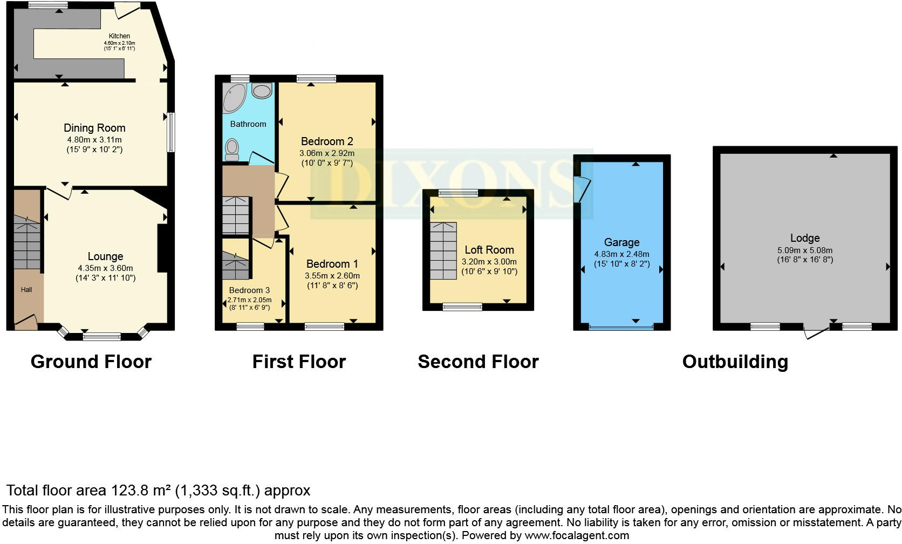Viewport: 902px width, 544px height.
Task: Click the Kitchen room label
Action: pos(119,36)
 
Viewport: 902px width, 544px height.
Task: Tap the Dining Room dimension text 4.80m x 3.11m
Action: pos(94,139)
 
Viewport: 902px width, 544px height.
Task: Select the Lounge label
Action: pos(105,256)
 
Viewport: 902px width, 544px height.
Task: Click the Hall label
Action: pos(26,290)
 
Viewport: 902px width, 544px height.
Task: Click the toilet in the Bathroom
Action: pos(232,149)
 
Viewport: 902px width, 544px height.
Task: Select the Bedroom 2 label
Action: pos(327,141)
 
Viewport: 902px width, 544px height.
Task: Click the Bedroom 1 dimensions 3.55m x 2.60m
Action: pos(332,275)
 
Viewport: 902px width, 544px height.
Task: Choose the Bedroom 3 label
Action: pos(249,290)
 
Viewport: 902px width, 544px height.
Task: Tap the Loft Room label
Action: pos(489,250)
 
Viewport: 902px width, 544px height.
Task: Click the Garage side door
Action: pos(583,189)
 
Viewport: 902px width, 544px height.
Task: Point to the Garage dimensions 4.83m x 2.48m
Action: pos(621,254)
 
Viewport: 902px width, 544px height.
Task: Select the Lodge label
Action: pos(805,238)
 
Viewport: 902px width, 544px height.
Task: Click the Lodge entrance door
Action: pos(816,332)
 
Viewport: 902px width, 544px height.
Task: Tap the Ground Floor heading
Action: pos(91,362)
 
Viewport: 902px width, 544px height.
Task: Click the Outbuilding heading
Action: pos(735,362)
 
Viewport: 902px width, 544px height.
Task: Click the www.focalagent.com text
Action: pos(577,535)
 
